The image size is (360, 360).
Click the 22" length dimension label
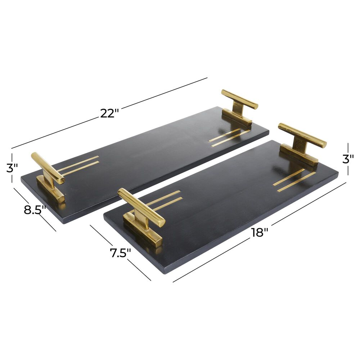pos(109,113)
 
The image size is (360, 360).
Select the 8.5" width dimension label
pos(35,210)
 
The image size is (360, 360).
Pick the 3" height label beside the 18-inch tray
pos(348,159)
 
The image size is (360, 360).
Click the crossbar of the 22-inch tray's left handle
pos(47,167)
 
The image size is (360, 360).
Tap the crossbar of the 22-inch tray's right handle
pos(239,99)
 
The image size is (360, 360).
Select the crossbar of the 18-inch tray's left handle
pos(141,207)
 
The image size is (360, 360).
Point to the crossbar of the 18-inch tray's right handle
pos(302,135)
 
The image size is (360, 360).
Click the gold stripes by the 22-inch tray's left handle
pos(78,166)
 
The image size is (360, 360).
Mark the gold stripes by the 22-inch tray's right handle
pos(229,137)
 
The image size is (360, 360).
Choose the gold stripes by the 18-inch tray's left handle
pos(164,201)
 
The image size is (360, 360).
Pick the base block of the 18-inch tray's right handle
pos(299,156)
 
